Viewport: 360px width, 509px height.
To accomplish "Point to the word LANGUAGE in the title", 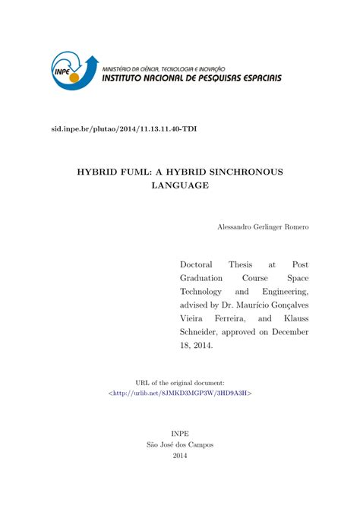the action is pyautogui.click(x=180, y=186).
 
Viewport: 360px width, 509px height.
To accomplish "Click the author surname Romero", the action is pyautogui.click(x=295, y=227).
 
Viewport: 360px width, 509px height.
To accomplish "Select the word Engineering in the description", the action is pyautogui.click(x=283, y=291).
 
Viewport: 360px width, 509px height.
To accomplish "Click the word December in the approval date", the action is pyautogui.click(x=289, y=332).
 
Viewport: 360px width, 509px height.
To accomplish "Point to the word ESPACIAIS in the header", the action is pyautogui.click(x=255, y=77).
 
